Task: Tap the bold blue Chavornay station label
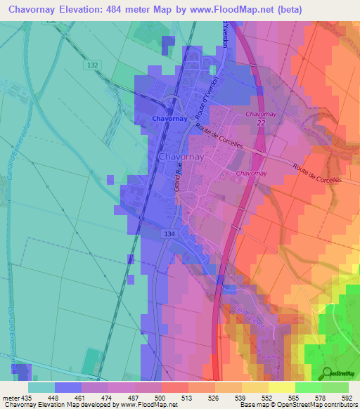pos(169,119)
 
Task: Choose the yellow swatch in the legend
pos(281,387)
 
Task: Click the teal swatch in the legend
pos(41,387)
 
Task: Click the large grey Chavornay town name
pos(183,156)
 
